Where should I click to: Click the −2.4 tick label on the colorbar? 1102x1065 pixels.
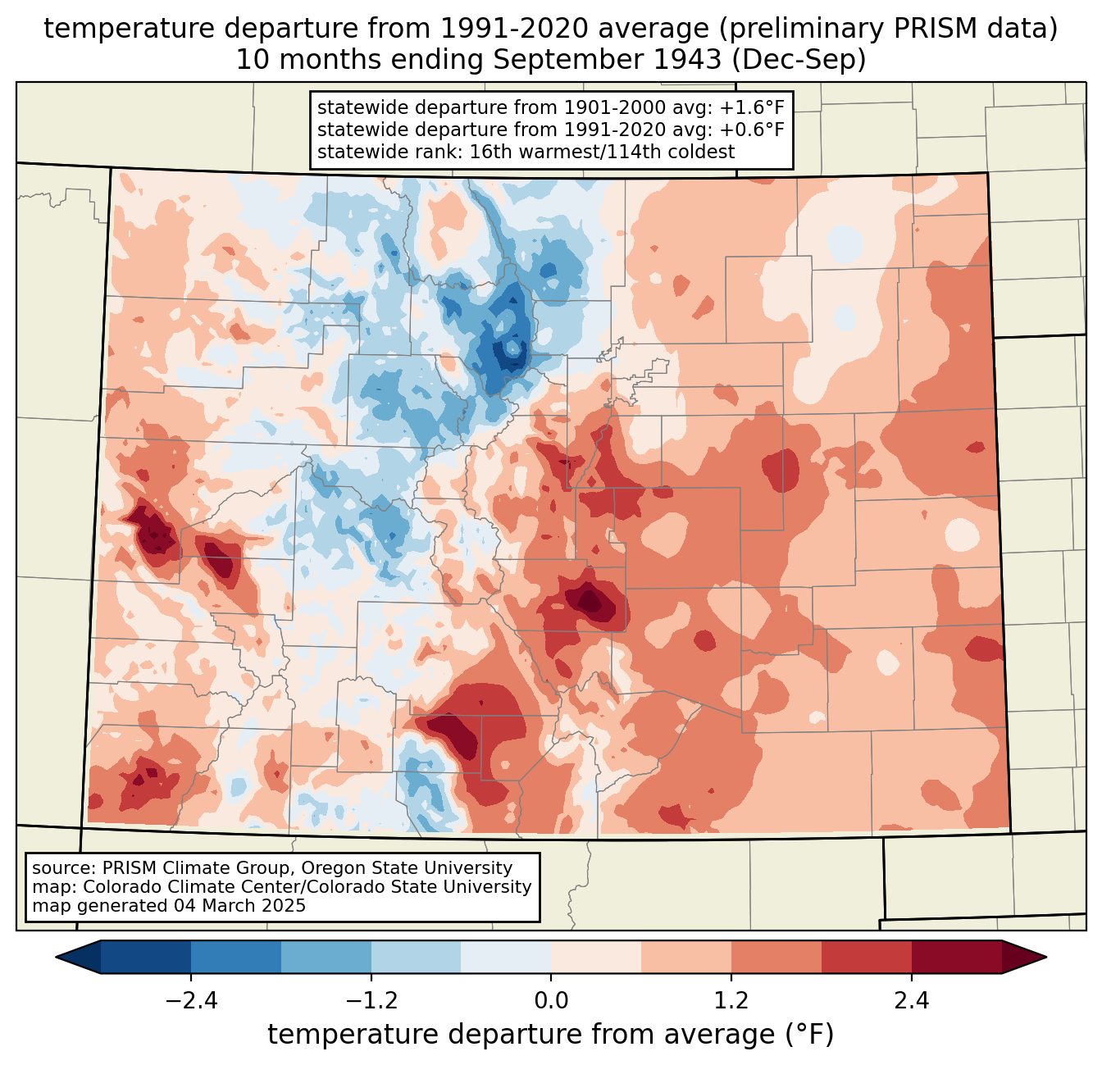[x=191, y=1001]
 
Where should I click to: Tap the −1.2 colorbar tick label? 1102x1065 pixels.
[x=371, y=1001]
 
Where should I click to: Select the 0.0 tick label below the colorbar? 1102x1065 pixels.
[x=551, y=1001]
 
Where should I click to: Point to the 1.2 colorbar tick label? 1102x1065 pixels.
[x=731, y=1001]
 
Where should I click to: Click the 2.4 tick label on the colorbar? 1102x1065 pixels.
[x=911, y=1001]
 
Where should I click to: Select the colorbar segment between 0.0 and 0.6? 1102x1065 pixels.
[x=596, y=957]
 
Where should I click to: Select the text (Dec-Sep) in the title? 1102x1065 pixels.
[x=799, y=61]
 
